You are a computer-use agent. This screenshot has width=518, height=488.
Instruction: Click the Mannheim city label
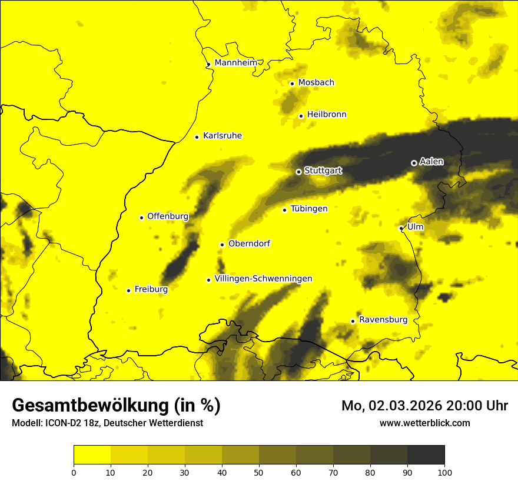click(x=236, y=63)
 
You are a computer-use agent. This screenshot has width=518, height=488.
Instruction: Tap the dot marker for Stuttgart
click(x=298, y=172)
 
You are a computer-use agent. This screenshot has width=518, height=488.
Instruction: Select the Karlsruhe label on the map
click(x=222, y=136)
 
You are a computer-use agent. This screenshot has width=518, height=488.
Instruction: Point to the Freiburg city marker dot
click(x=129, y=290)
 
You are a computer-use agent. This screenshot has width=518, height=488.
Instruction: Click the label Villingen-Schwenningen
click(x=263, y=279)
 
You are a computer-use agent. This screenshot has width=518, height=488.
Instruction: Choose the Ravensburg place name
click(x=383, y=320)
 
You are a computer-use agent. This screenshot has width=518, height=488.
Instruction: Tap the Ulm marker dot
click(x=401, y=228)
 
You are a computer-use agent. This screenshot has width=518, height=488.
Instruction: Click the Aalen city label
click(x=431, y=162)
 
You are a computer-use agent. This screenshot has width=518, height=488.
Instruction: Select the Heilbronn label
click(x=327, y=115)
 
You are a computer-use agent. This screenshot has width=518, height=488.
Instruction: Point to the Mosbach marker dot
click(x=292, y=83)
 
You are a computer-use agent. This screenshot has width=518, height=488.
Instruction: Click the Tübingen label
click(x=309, y=209)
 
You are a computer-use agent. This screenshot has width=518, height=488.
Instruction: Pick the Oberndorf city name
click(x=249, y=243)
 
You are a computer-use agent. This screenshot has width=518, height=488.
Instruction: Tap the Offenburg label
click(x=168, y=216)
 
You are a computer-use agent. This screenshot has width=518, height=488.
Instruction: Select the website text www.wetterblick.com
click(x=424, y=423)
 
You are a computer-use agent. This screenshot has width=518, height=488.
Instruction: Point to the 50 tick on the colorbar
click(x=259, y=472)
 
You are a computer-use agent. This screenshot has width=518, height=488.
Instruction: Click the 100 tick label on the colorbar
click(x=444, y=472)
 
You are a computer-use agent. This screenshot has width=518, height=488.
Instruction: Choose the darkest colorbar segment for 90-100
click(x=426, y=455)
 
